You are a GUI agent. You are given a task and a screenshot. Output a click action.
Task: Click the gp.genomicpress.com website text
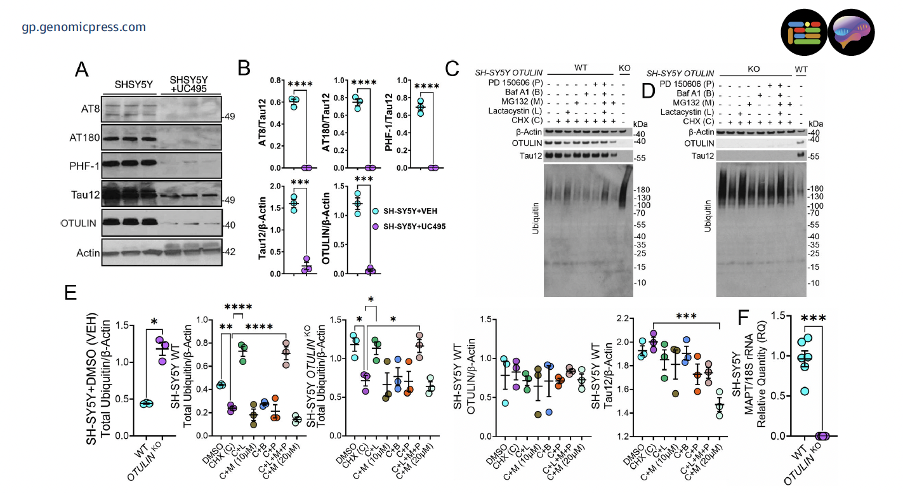point(84,27)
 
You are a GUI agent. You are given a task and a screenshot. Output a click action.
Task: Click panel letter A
point(82,69)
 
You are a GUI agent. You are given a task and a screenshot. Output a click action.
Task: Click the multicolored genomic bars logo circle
point(803,32)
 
